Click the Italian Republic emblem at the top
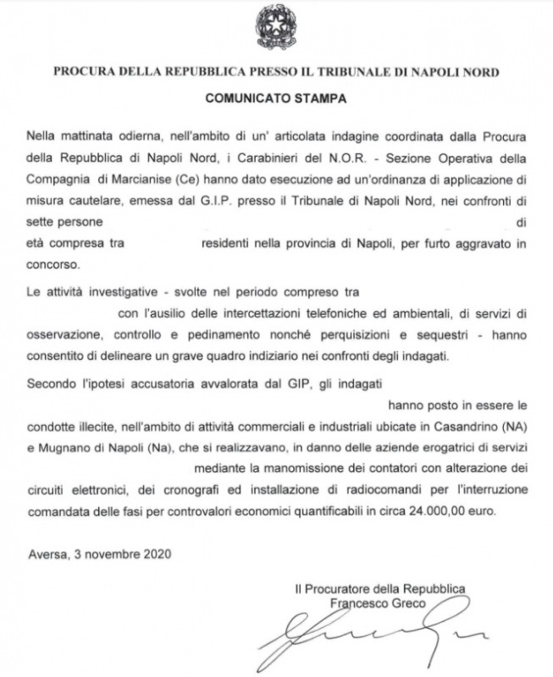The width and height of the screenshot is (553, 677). point(275,25)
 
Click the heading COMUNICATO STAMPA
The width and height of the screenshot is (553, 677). point(275,98)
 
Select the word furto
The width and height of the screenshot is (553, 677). point(422,244)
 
